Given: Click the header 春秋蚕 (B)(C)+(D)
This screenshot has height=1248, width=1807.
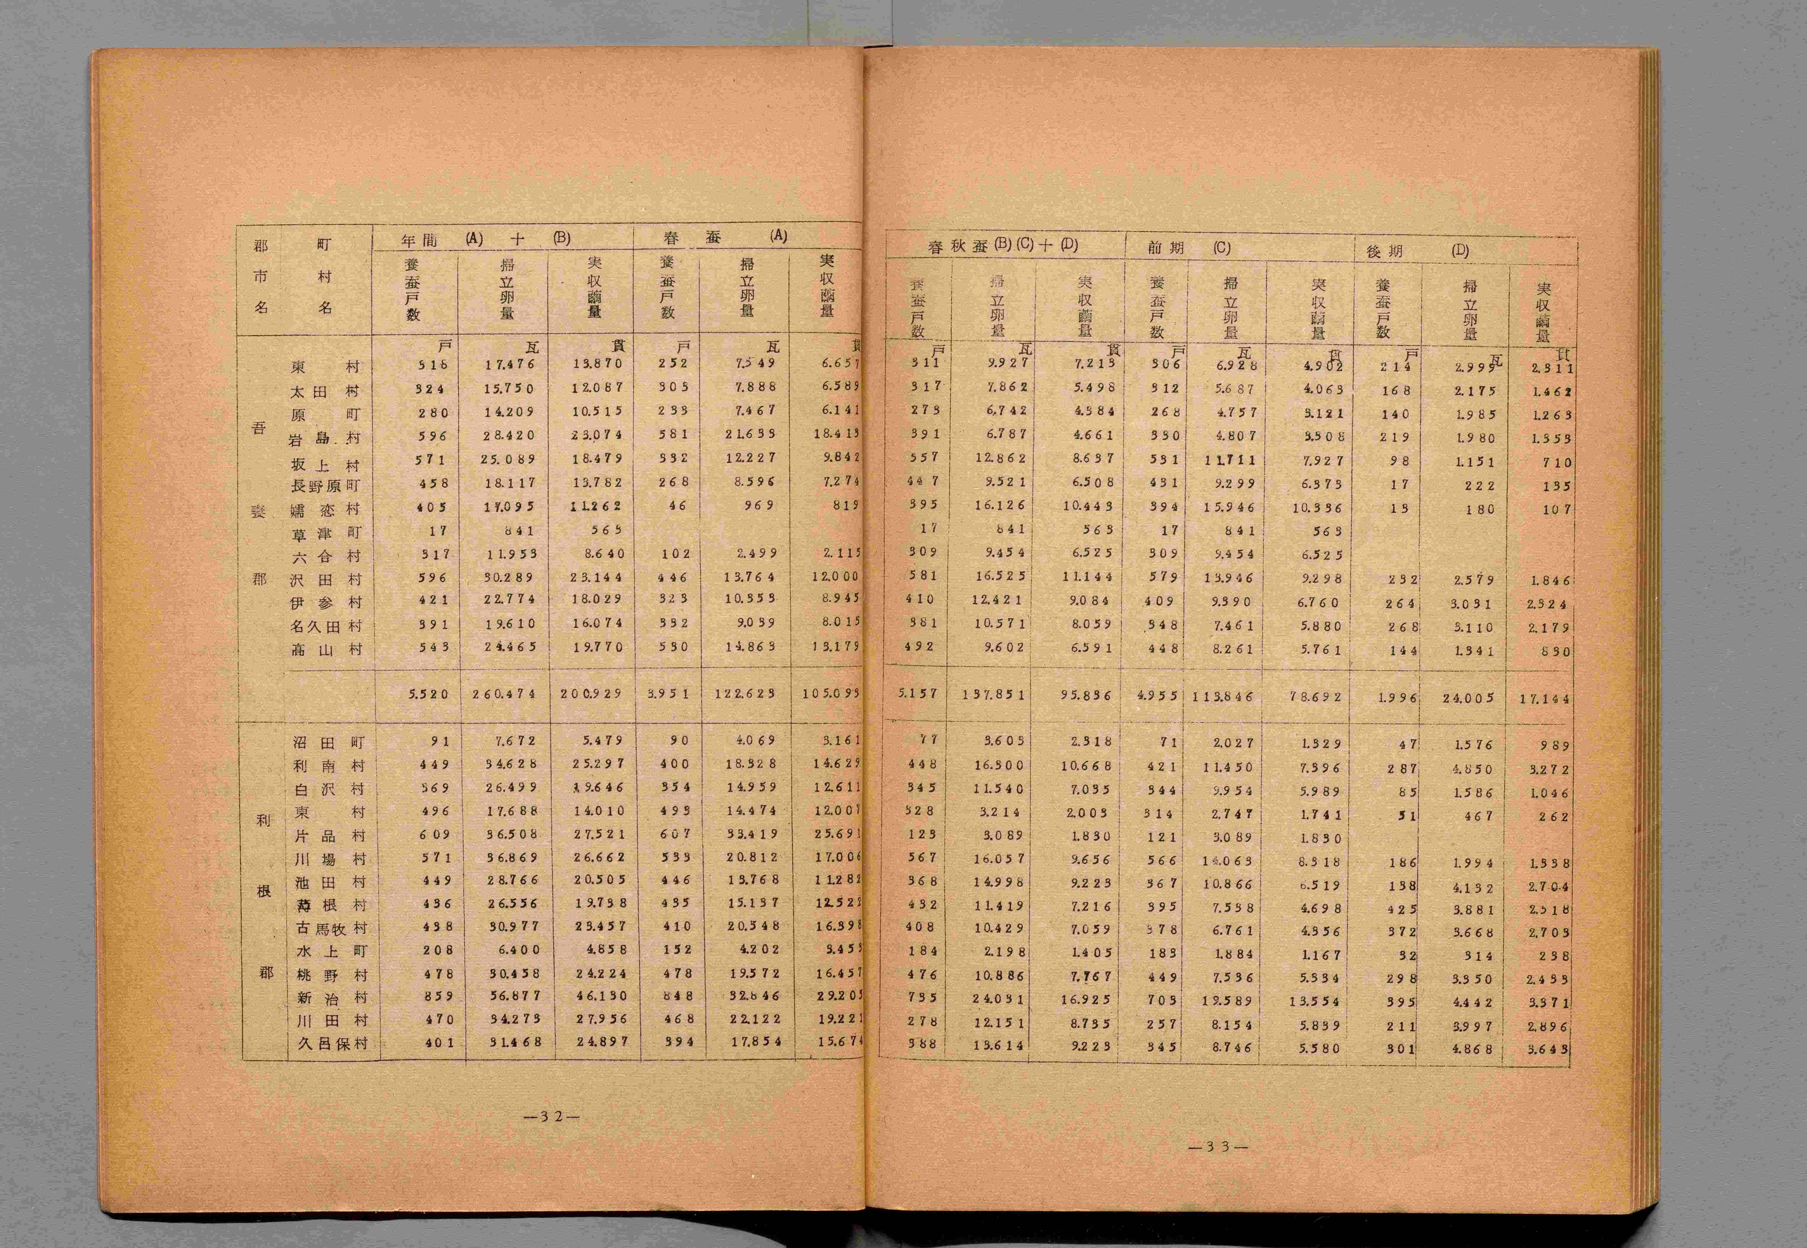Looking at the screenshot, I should tap(1002, 245).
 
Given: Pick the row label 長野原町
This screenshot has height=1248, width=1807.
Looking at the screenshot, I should tap(326, 486).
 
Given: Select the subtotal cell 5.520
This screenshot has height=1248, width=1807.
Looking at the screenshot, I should tap(429, 693).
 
